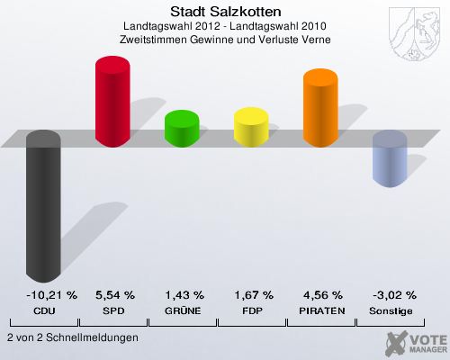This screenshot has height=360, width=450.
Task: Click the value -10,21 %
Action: pos(45,294)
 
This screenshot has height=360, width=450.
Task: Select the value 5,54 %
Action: pos(114,294)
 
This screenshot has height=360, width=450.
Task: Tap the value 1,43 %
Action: pos(184,294)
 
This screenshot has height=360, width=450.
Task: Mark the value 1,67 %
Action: pos(253,294)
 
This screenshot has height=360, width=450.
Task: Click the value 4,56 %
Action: pos(322,294)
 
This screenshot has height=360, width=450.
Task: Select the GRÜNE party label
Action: pos(184,310)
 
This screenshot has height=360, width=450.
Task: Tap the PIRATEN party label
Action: pos(322,310)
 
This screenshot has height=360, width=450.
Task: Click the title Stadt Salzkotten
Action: pos(225,13)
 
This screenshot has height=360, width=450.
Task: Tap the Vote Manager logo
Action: pos(414,342)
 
